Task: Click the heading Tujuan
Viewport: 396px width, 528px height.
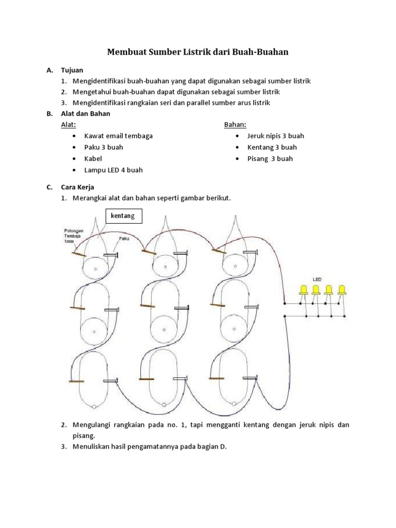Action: tap(72, 70)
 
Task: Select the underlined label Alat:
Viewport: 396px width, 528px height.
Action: tap(69, 125)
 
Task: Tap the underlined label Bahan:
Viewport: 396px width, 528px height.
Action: tap(235, 125)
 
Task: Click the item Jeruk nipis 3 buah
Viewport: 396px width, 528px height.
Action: tap(276, 136)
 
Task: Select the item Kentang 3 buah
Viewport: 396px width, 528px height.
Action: tap(272, 147)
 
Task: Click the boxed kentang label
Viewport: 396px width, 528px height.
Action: tap(124, 216)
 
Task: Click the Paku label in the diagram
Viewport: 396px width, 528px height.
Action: tap(124, 239)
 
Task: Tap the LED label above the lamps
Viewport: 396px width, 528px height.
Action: tap(317, 279)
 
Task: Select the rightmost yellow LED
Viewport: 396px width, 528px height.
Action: tap(341, 290)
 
